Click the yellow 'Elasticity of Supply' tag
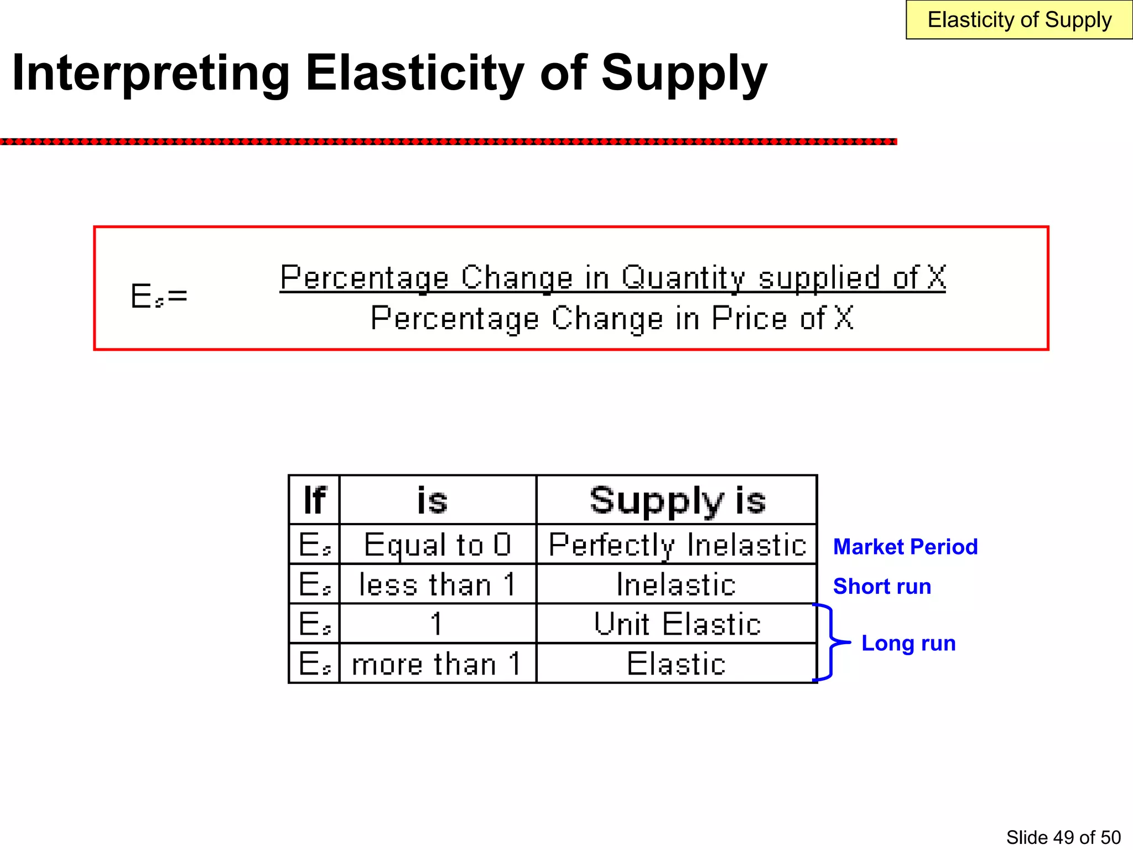[x=1019, y=20]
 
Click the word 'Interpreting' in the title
[x=150, y=73]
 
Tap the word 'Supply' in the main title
[x=684, y=73]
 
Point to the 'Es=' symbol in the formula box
[x=159, y=296]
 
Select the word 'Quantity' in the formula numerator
[x=683, y=278]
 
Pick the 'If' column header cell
[x=314, y=500]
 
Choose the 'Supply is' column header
[x=677, y=500]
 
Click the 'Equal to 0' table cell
[x=438, y=545]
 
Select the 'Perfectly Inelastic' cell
[x=677, y=545]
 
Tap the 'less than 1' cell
[x=438, y=584]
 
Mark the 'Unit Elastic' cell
[x=677, y=624]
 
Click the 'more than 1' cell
[x=438, y=664]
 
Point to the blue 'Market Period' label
[x=905, y=547]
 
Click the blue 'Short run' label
[x=882, y=587]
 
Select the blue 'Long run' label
[x=908, y=643]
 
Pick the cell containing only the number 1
[x=438, y=624]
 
